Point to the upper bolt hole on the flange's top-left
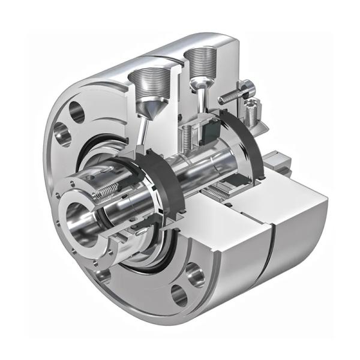pyautogui.click(x=77, y=112)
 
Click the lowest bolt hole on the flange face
pyautogui.click(x=179, y=295)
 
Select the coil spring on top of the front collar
pyautogui.click(x=109, y=191)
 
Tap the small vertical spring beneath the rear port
pyautogui.click(x=187, y=136)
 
